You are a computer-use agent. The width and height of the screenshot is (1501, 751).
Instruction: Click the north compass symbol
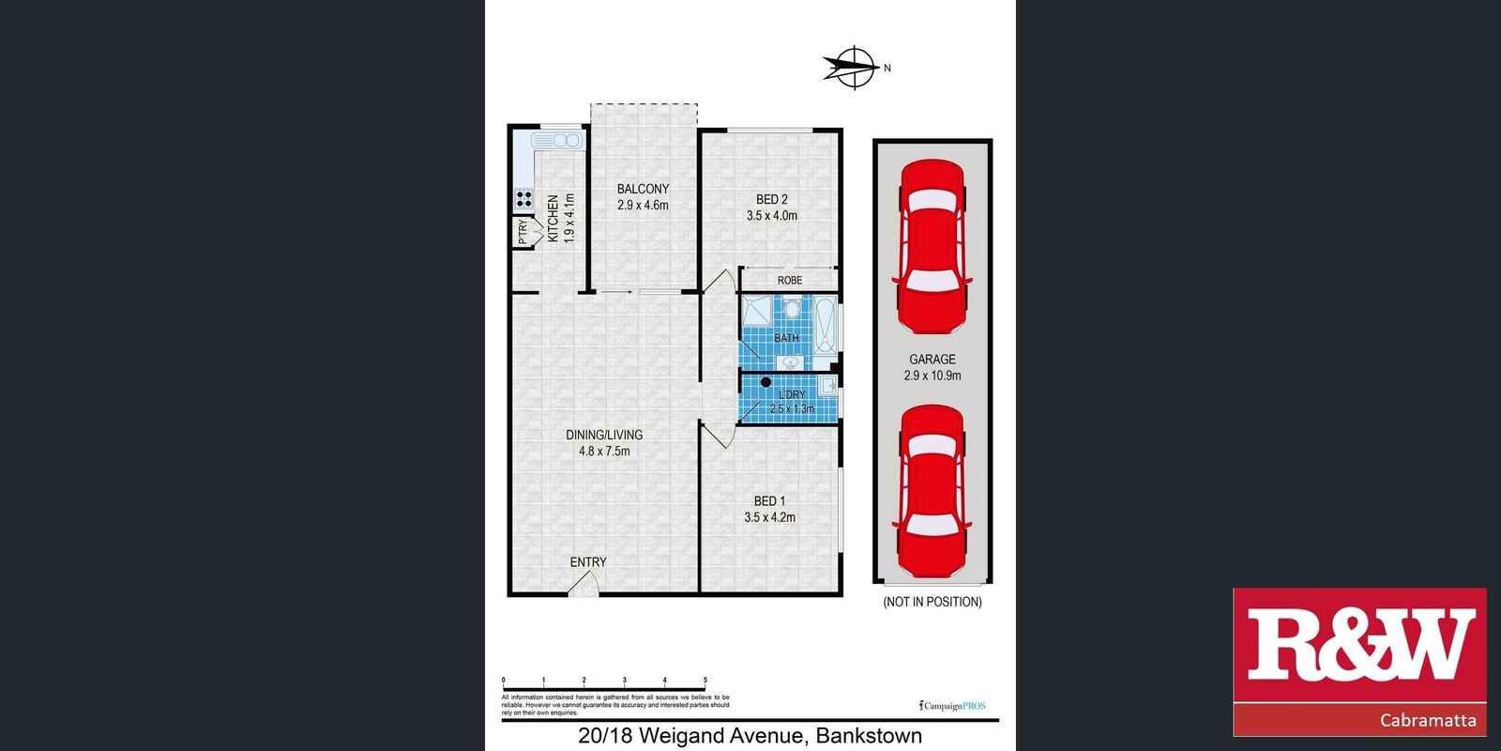click(853, 68)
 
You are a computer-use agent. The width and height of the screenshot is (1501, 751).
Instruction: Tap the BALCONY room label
click(643, 189)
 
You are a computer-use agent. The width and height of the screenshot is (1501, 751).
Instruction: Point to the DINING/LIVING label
click(604, 435)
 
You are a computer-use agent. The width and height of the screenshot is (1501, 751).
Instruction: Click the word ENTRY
click(588, 562)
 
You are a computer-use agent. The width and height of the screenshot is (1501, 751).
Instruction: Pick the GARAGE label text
click(932, 359)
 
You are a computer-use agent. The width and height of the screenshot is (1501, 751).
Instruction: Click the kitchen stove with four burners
click(523, 199)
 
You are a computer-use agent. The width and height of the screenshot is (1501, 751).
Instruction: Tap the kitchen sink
click(556, 141)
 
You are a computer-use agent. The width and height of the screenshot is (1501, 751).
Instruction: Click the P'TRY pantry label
click(523, 231)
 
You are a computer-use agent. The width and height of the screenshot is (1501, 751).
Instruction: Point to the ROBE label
click(789, 280)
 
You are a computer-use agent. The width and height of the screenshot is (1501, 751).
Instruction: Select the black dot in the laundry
click(765, 383)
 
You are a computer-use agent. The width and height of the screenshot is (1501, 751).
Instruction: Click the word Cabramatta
click(1429, 721)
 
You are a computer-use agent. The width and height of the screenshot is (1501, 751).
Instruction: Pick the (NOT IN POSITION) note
click(932, 602)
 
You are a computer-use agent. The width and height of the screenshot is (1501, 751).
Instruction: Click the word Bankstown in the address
click(869, 737)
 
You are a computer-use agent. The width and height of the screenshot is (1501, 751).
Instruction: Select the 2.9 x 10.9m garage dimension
click(932, 375)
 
